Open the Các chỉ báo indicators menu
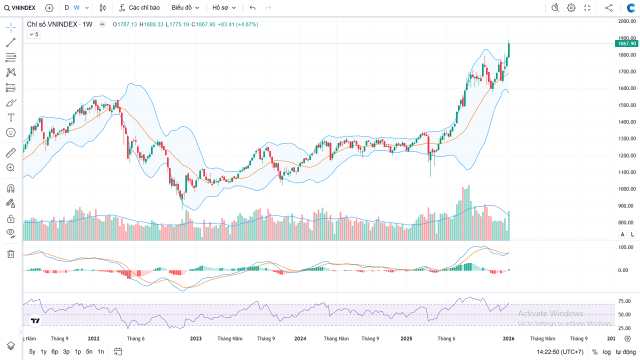[139, 7]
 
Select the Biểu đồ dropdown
[185, 7]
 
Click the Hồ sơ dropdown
[223, 7]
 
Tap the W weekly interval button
[76, 7]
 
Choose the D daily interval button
[66, 7]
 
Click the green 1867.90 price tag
[626, 43]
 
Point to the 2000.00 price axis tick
[626, 21]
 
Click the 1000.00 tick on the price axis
[626, 189]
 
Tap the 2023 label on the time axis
[195, 338]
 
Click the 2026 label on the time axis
[508, 338]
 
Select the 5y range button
[32, 351]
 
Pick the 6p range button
[54, 351]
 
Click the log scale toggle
[606, 352]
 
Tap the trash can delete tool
[10, 254]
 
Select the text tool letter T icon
[10, 117]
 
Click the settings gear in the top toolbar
[571, 7]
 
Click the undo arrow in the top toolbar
[252, 7]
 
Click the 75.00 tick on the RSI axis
[623, 301]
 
